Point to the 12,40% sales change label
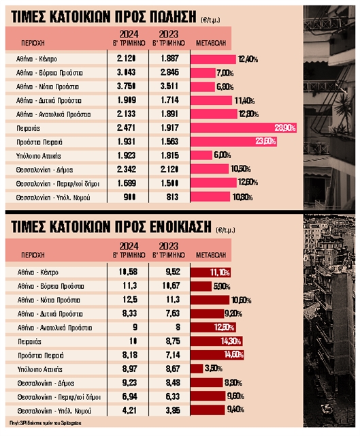(x=247, y=59)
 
